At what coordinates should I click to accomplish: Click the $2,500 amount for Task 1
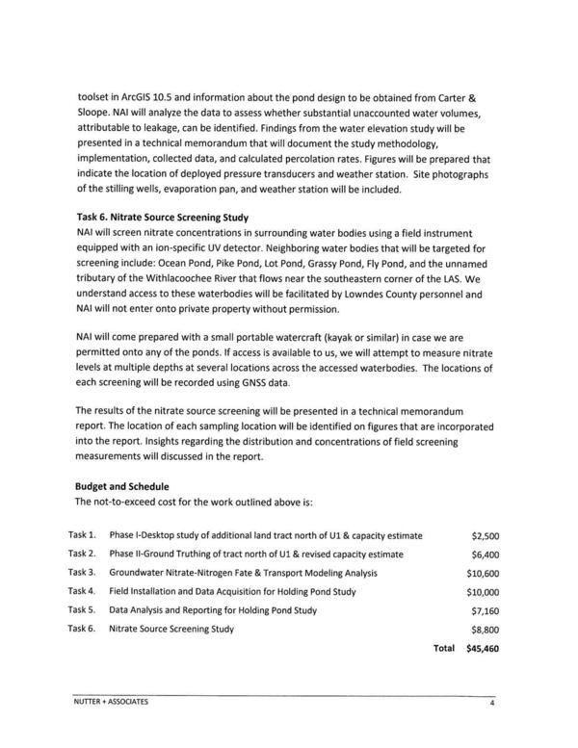coord(485,535)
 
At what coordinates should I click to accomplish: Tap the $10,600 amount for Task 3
coord(482,573)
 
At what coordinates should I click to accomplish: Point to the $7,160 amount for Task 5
coord(485,610)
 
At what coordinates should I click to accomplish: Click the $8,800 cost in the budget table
coord(485,630)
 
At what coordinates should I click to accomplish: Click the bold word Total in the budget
coord(443,649)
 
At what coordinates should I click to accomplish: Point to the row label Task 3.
coord(82,573)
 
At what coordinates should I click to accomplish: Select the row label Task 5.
coord(82,610)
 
